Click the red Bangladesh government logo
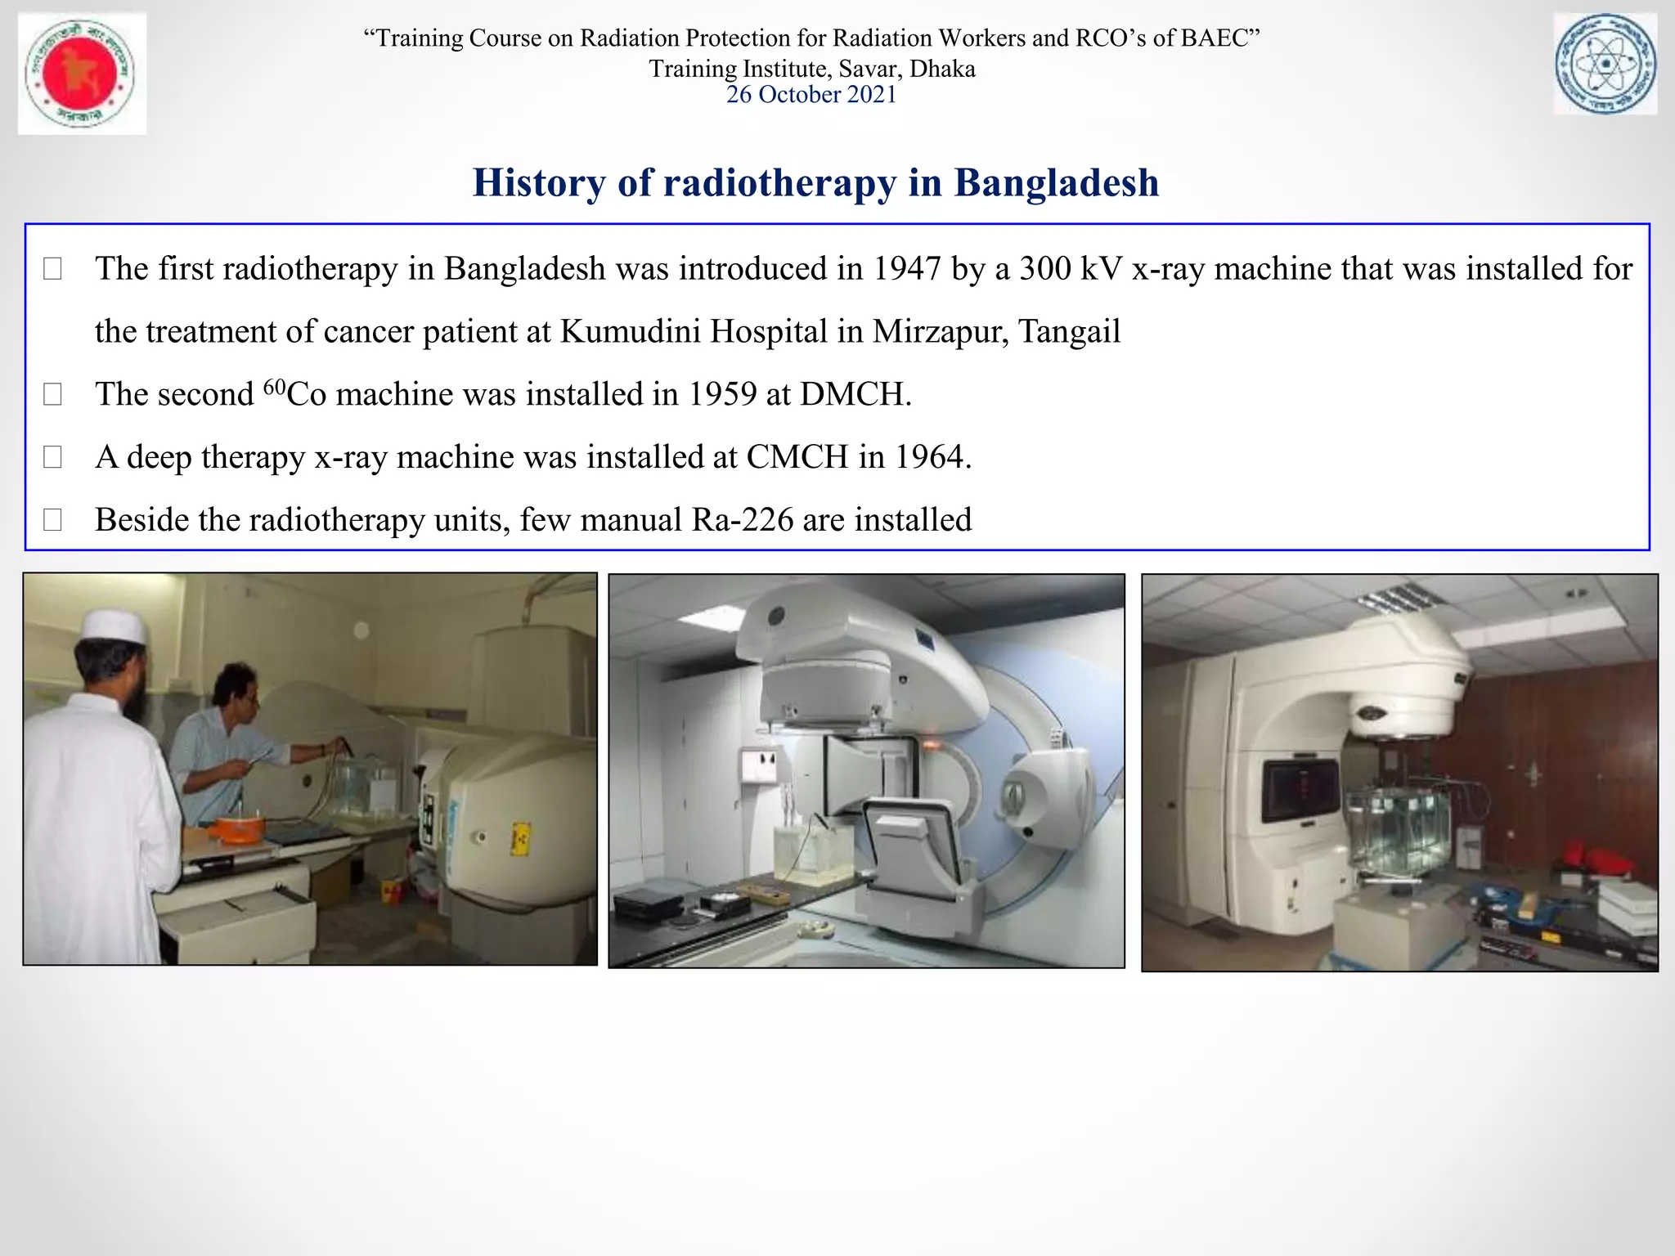coord(82,73)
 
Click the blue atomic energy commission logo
coord(1605,65)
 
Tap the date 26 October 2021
coord(811,95)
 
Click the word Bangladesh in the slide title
coord(1057,182)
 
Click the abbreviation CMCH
coord(797,457)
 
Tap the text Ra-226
coord(742,520)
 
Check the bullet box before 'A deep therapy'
coord(52,457)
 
